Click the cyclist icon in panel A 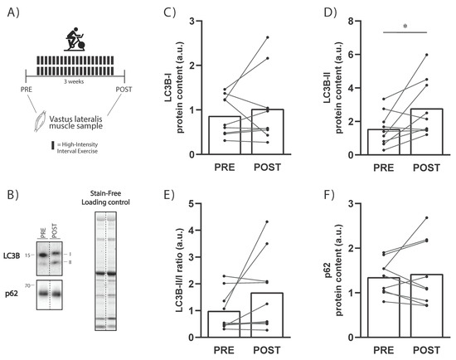click(x=75, y=39)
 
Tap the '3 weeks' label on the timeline click(x=74, y=82)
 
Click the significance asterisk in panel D click(x=405, y=27)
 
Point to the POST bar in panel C click(x=268, y=132)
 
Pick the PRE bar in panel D click(x=384, y=142)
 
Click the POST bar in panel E click(x=267, y=315)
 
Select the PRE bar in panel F click(x=384, y=308)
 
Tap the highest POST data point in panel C click(x=268, y=37)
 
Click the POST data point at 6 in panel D click(x=427, y=55)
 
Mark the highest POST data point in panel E click(x=267, y=221)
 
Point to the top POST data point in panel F click(x=427, y=217)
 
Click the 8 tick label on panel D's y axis click(x=351, y=22)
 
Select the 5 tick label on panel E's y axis click(x=191, y=203)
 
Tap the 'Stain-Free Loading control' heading click(x=105, y=198)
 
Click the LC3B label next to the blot click(x=12, y=255)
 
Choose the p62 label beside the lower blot click(x=12, y=294)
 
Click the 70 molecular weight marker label click(x=27, y=286)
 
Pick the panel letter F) click(x=329, y=195)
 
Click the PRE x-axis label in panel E click(x=224, y=350)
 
